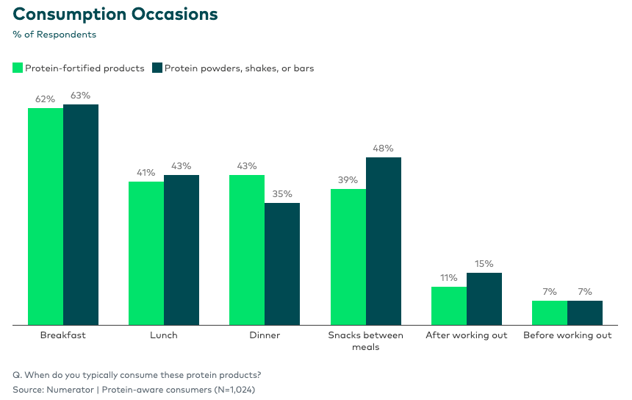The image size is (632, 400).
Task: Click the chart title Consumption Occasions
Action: (x=115, y=14)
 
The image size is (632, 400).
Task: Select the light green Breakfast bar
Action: (x=46, y=216)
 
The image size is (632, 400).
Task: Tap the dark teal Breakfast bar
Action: (x=81, y=215)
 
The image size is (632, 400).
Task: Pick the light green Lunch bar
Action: (x=146, y=253)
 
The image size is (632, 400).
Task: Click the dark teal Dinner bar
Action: (x=282, y=264)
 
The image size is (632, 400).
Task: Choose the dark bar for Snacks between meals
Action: (x=384, y=241)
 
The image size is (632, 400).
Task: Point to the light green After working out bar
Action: (x=449, y=306)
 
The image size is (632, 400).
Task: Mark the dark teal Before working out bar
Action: (x=585, y=312)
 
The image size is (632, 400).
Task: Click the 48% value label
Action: (x=384, y=149)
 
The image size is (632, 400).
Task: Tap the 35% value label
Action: (x=282, y=194)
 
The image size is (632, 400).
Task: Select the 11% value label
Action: (x=449, y=278)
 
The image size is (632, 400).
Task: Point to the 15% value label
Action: (x=484, y=264)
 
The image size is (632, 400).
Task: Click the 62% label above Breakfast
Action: (x=46, y=99)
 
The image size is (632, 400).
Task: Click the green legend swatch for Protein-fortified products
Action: (x=18, y=68)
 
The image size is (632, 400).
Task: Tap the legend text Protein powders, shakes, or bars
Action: (x=239, y=68)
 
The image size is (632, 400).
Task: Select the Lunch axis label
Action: (x=164, y=335)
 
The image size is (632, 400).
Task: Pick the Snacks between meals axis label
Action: (x=366, y=340)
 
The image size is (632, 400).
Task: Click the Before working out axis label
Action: (x=567, y=335)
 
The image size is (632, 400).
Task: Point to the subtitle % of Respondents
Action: (x=54, y=34)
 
